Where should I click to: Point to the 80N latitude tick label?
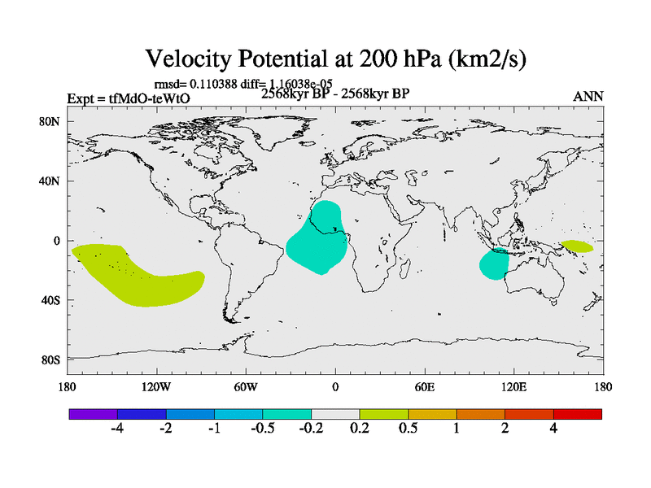51,122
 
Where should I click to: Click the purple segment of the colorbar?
94,414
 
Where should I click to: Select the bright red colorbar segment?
577,414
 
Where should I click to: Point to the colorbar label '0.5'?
408,429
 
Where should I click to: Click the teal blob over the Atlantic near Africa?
321,240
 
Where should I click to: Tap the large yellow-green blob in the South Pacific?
138,277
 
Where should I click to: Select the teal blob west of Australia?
493,264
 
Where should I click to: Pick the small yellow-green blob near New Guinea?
577,246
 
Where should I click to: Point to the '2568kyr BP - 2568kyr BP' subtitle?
334,94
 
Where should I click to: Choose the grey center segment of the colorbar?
335,414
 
